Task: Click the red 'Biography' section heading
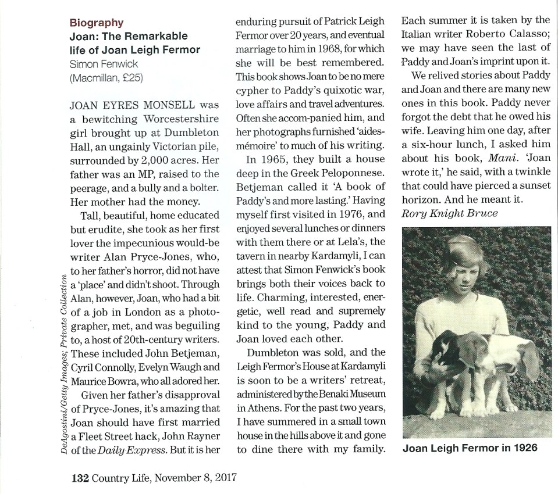(x=96, y=23)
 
